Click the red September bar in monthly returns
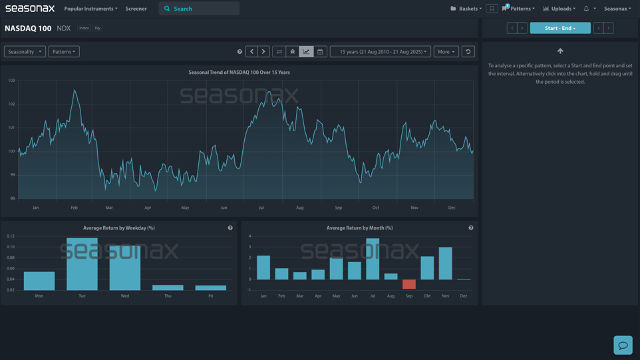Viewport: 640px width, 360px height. [409, 284]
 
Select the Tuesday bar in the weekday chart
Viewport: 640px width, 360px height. [82, 264]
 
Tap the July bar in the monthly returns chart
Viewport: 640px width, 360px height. [373, 259]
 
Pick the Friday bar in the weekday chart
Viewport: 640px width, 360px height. [210, 287]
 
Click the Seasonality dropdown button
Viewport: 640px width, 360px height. [25, 51]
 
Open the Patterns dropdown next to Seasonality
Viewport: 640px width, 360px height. [64, 51]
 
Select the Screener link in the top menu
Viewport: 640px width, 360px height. [136, 9]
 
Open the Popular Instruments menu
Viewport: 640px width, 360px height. [90, 9]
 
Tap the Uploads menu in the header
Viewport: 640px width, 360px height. [559, 9]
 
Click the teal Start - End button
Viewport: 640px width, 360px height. [560, 28]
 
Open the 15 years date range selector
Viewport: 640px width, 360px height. [381, 51]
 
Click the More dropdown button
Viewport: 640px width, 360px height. [446, 51]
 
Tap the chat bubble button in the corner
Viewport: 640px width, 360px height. [623, 345]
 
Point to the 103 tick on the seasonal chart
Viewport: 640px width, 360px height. [11, 81]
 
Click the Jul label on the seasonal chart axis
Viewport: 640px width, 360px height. [261, 208]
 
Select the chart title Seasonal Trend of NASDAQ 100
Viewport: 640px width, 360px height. [239, 72]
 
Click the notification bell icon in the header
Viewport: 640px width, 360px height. [586, 9]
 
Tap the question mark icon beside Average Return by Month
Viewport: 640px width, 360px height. [471, 228]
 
